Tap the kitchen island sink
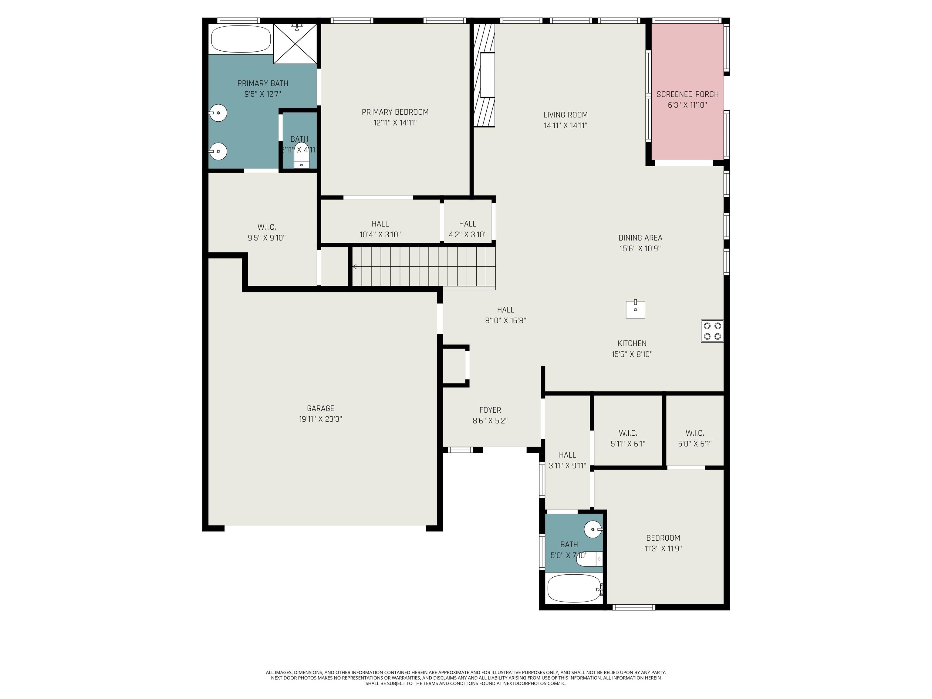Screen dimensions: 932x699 635,309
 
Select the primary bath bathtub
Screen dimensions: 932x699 241,39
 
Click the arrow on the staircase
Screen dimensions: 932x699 355,266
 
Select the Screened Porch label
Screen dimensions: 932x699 687,94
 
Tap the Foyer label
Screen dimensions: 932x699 490,410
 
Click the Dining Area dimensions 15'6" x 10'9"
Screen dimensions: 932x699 640,248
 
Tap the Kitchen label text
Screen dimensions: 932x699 632,343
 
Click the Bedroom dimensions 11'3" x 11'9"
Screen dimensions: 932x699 663,549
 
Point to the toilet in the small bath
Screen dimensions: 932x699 589,559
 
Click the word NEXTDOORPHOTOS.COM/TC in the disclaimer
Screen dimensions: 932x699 535,684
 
